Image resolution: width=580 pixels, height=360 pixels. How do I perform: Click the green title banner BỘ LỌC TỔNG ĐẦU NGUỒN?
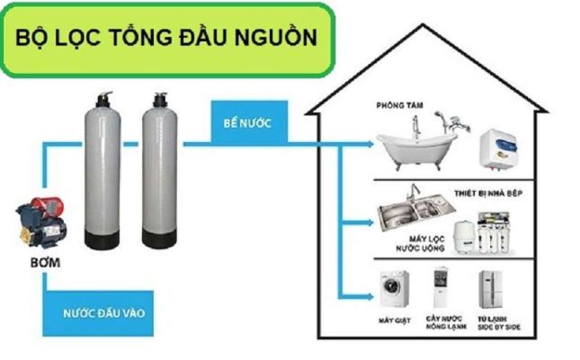pos(167,39)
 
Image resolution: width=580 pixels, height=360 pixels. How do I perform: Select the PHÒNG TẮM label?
pos(399,104)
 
